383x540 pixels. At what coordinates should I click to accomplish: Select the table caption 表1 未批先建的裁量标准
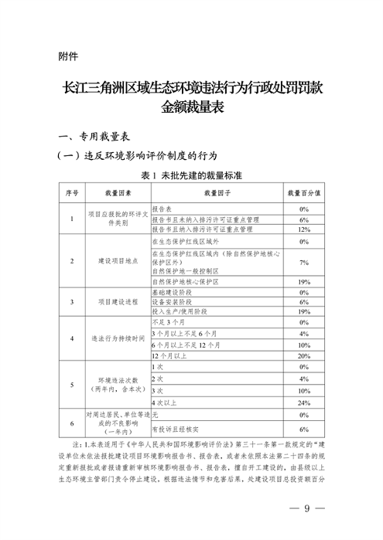[x=191, y=175]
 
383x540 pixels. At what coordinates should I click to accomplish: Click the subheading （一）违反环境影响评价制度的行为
[x=135, y=155]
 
